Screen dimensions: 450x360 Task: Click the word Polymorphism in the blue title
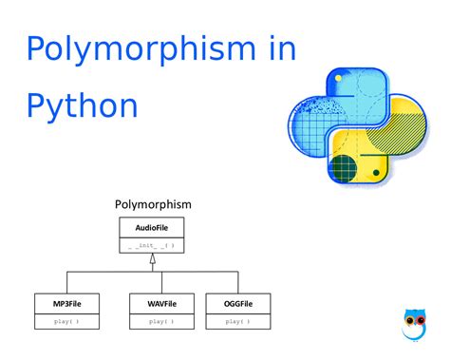click(141, 50)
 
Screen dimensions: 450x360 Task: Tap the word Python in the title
click(83, 106)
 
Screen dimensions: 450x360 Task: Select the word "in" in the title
click(283, 48)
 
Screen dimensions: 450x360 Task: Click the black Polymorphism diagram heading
click(153, 205)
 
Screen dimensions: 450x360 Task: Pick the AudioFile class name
click(152, 228)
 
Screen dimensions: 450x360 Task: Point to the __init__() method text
click(151, 246)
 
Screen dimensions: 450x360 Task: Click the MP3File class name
click(67, 304)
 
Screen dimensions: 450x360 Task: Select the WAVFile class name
click(161, 304)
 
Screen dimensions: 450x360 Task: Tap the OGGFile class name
click(238, 304)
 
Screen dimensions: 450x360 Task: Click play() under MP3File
click(66, 322)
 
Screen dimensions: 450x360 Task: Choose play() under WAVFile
click(161, 322)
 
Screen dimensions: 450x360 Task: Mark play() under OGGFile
click(237, 322)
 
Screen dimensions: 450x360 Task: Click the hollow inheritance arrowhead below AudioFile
click(153, 258)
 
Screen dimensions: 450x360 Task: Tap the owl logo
click(415, 325)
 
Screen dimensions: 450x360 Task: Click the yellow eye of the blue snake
click(338, 78)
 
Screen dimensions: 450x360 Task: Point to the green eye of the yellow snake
click(376, 173)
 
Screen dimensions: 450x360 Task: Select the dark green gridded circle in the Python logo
click(343, 168)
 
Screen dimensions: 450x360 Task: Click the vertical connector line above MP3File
click(67, 282)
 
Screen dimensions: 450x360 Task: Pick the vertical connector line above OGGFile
click(238, 282)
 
